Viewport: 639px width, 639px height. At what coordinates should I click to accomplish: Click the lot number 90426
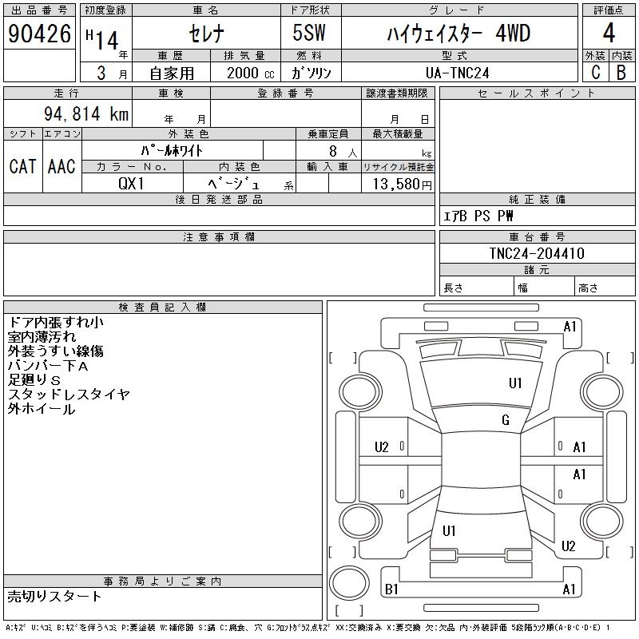tap(39, 34)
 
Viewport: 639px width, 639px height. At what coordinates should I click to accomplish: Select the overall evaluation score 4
tap(609, 34)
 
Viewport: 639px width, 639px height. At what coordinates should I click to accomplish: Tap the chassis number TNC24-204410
tap(537, 253)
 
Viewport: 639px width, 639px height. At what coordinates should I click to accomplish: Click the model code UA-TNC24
tap(458, 73)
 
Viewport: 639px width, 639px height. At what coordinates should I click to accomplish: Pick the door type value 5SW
tap(311, 34)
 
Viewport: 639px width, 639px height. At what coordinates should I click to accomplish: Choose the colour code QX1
tap(132, 184)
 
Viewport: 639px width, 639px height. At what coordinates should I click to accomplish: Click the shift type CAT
tap(22, 166)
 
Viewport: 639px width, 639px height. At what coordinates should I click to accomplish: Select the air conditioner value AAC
tap(62, 166)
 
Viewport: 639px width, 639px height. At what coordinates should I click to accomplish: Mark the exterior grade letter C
tap(595, 73)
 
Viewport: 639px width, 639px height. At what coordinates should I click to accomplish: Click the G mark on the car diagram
tap(505, 421)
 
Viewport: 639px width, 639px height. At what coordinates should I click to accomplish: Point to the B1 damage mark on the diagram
tap(391, 589)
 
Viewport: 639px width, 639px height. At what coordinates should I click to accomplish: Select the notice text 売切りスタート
tap(54, 597)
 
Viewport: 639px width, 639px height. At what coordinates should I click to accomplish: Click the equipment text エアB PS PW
tap(478, 216)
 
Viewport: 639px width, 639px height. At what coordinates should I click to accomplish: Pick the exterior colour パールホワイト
tap(172, 150)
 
